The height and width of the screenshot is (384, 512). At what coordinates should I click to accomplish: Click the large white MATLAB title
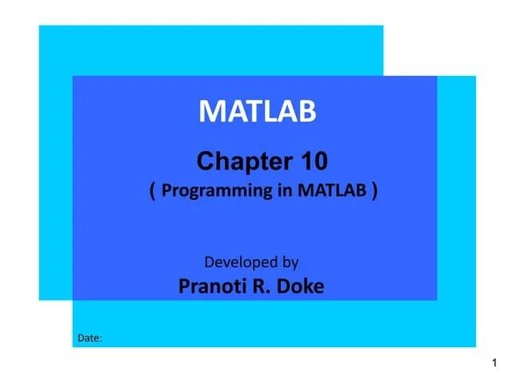pos(258,112)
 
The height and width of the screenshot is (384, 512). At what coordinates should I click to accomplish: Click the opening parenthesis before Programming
pos(152,190)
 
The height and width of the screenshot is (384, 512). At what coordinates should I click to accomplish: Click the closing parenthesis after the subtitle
pos(374,190)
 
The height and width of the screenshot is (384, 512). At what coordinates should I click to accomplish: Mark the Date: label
pos(90,338)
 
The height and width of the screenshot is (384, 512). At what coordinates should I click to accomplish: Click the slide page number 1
pos(496,365)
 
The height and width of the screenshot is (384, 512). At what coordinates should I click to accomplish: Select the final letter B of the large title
pos(307,112)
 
